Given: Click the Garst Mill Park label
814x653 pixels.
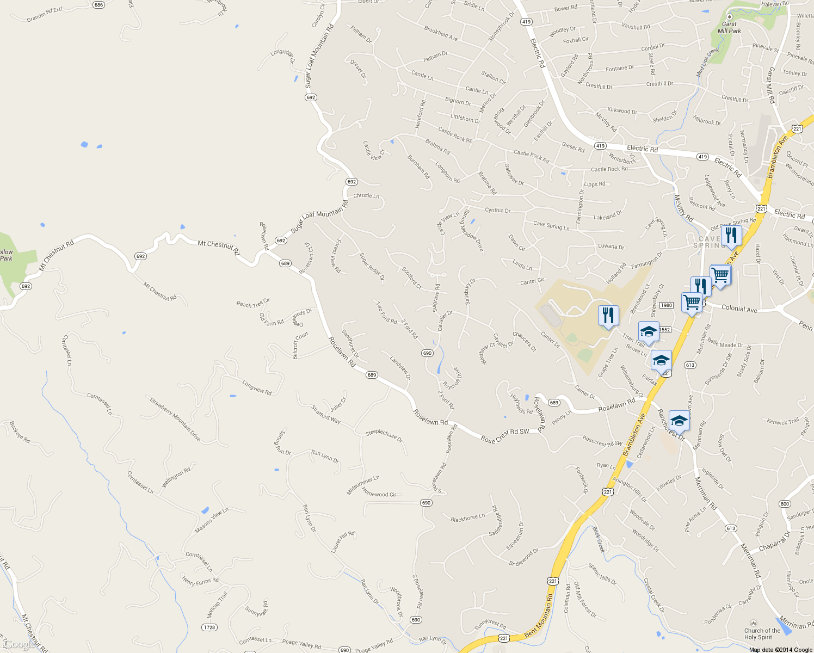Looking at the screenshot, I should pyautogui.click(x=729, y=27).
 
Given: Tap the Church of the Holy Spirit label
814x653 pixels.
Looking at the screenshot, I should pyautogui.click(x=762, y=634).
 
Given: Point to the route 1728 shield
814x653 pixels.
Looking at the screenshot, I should pyautogui.click(x=209, y=627).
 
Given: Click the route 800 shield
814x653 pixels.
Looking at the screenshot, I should pyautogui.click(x=785, y=504).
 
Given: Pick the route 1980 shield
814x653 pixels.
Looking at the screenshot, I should pyautogui.click(x=667, y=305).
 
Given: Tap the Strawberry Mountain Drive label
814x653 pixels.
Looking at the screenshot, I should pyautogui.click(x=175, y=420).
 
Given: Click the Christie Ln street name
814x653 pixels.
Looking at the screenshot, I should pyautogui.click(x=366, y=196).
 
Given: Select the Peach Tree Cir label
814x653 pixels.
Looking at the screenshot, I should pyautogui.click(x=253, y=303).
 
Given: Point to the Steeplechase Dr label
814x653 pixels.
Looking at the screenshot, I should pyautogui.click(x=384, y=435).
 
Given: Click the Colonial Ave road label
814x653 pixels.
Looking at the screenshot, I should pyautogui.click(x=739, y=309).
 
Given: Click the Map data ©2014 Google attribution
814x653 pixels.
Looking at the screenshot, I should pyautogui.click(x=780, y=650).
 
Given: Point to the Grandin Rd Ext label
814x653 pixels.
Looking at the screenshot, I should pyautogui.click(x=45, y=15).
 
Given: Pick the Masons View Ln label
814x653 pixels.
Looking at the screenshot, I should pyautogui.click(x=212, y=521).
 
